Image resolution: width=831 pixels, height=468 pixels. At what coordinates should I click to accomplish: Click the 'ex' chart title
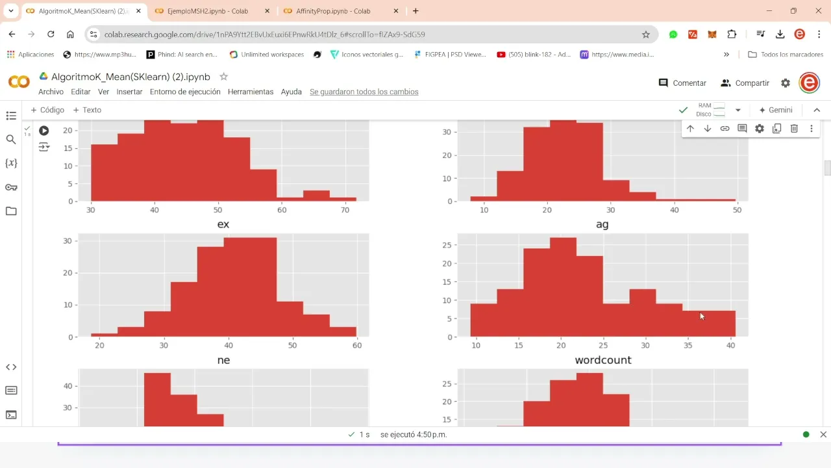(x=223, y=224)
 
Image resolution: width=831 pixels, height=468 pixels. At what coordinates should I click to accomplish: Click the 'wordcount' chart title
(x=602, y=360)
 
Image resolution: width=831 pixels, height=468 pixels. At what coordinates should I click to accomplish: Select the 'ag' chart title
(x=602, y=224)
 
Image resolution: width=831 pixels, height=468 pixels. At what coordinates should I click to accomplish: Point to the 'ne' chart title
(x=223, y=360)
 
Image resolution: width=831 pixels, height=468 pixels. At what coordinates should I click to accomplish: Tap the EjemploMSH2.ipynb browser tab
(x=202, y=11)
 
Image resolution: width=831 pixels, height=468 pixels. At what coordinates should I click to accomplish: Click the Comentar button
(x=682, y=83)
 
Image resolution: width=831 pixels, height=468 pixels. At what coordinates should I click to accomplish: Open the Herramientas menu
(x=251, y=92)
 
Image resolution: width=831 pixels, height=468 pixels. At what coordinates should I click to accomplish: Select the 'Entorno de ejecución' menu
(x=185, y=92)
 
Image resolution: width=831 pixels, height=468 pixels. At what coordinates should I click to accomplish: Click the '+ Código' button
(x=47, y=110)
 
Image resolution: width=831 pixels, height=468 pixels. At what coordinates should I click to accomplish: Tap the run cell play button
(x=43, y=131)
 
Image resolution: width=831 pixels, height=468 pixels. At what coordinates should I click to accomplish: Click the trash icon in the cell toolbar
(x=794, y=129)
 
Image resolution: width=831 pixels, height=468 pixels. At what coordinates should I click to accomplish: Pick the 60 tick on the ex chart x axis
(x=356, y=345)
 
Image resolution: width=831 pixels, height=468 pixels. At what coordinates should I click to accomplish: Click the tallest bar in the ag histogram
(x=562, y=286)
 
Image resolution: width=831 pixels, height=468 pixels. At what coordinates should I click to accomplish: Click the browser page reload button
(x=51, y=34)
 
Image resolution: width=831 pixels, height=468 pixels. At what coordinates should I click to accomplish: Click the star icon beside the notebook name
(x=224, y=77)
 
